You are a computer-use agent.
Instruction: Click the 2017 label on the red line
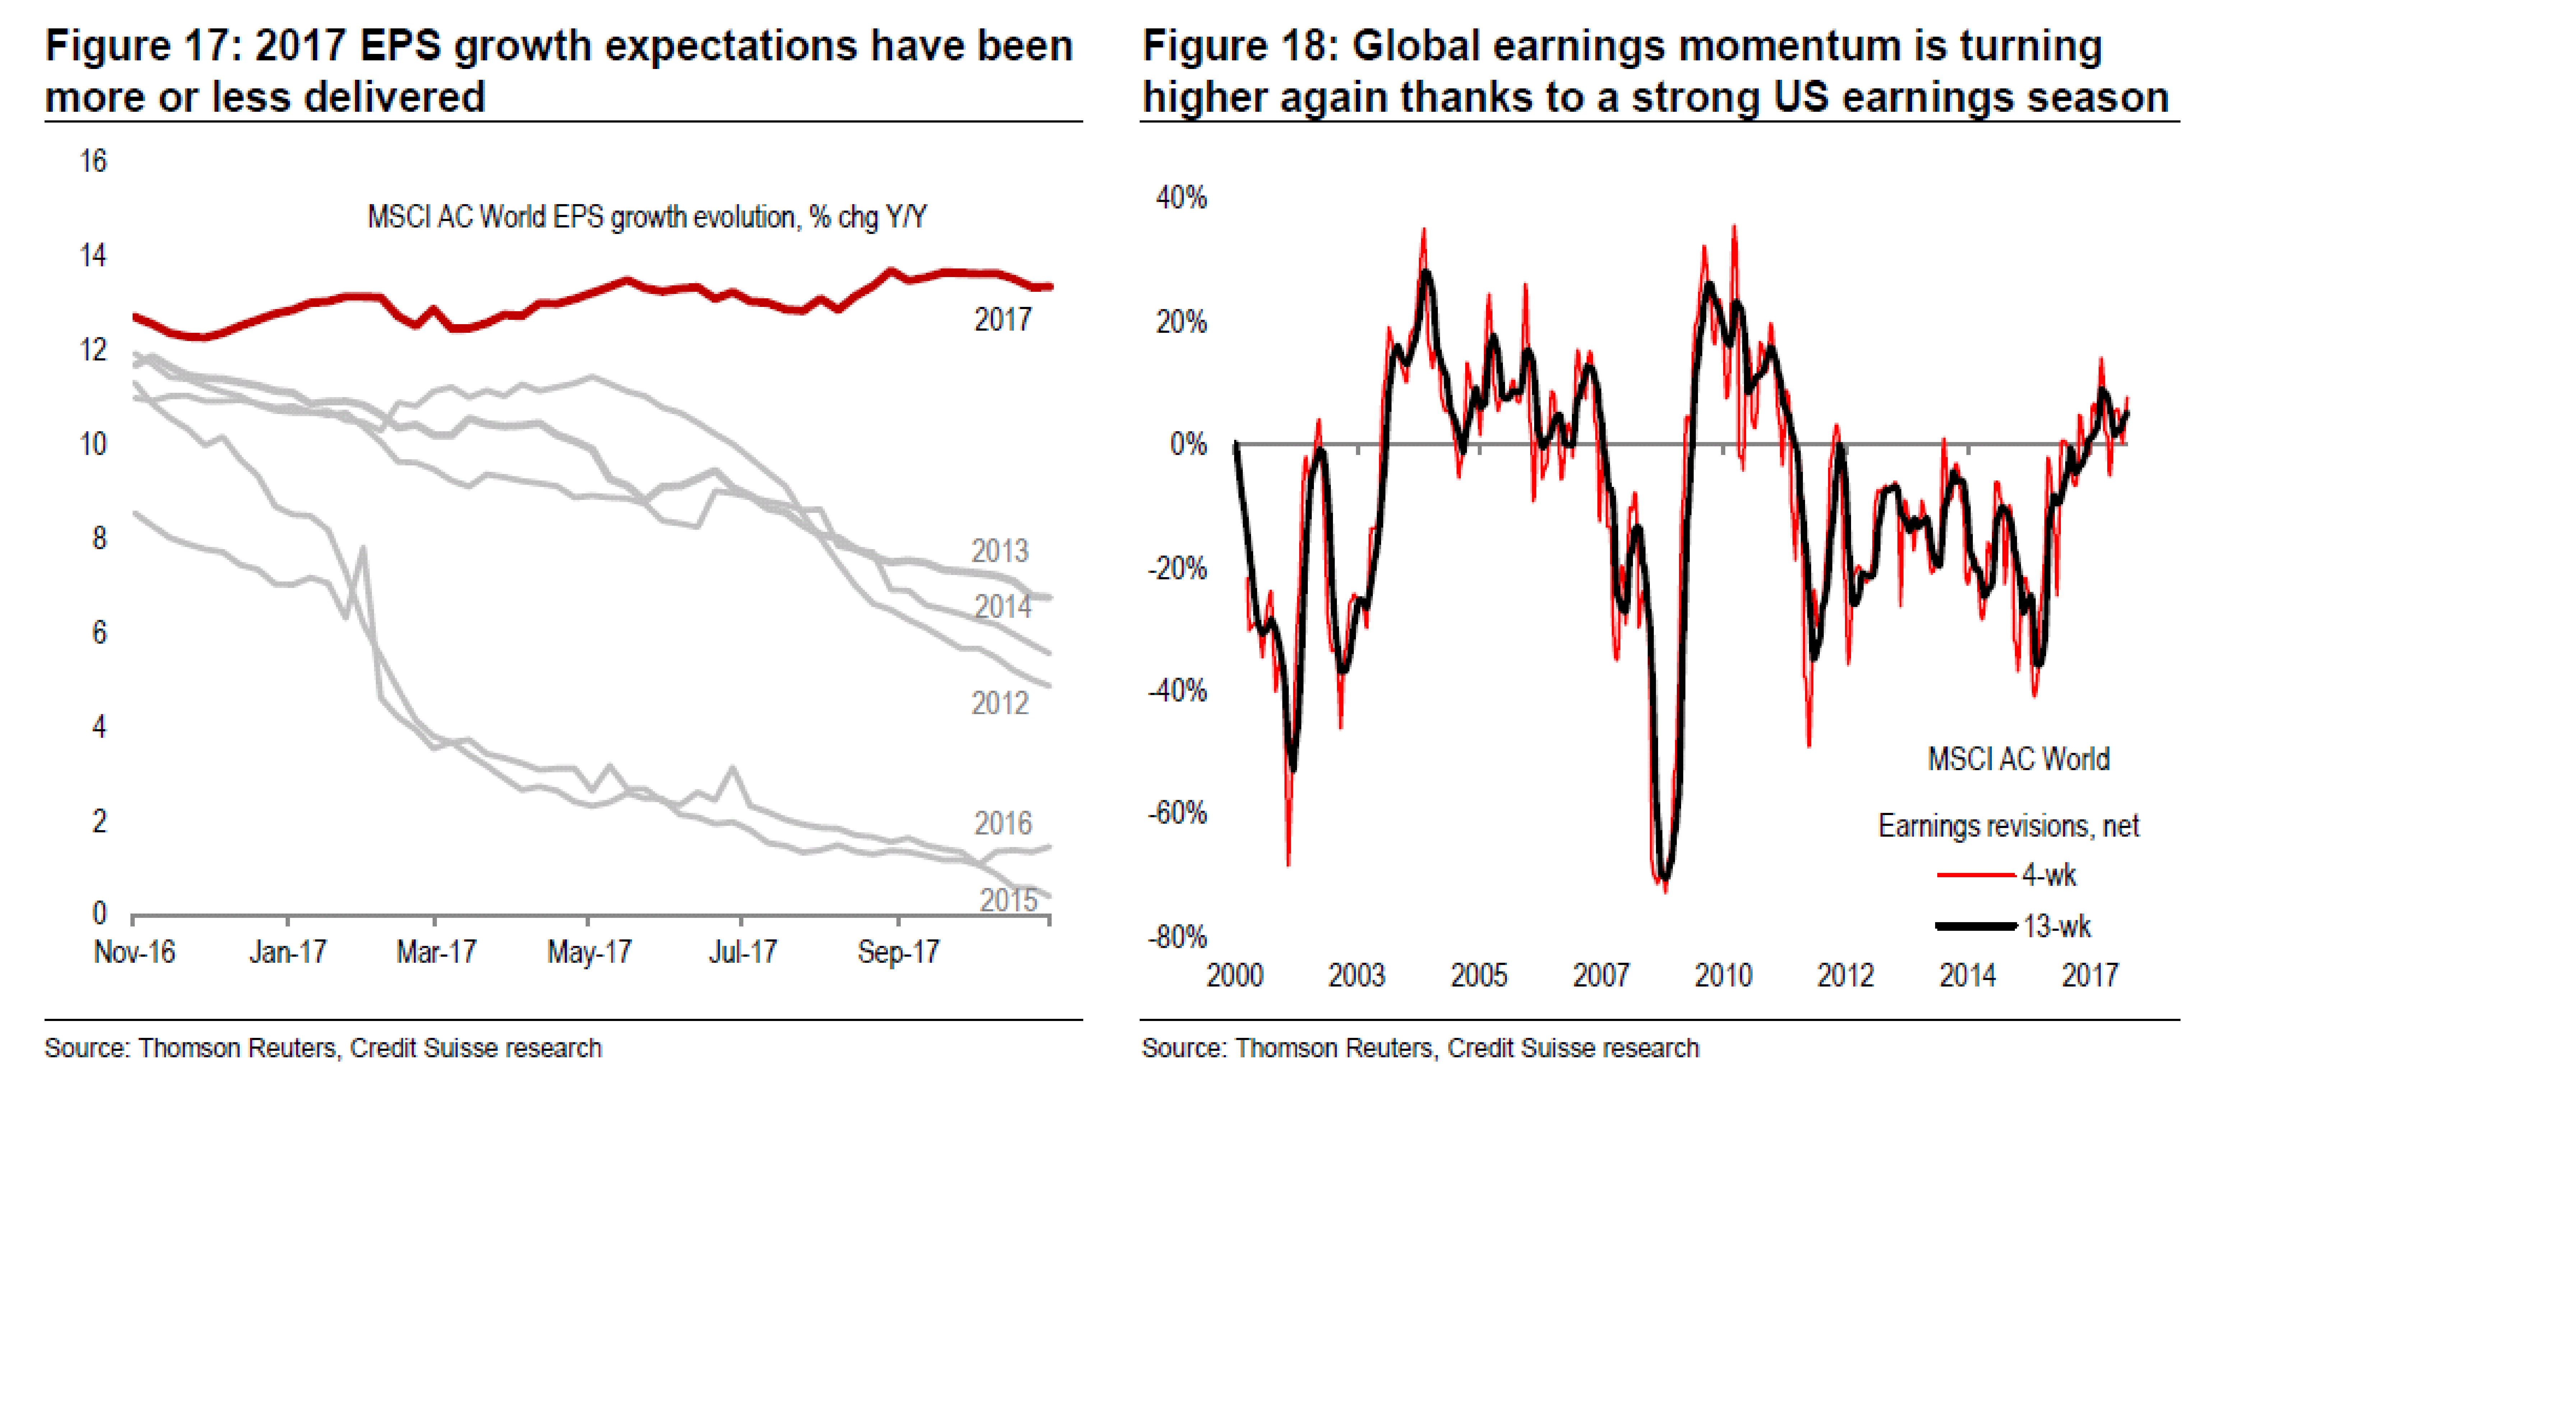(x=1002, y=320)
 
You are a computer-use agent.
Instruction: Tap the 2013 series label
(x=999, y=551)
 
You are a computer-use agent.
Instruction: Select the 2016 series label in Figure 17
(x=1002, y=823)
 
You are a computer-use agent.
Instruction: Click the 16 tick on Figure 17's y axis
(x=93, y=161)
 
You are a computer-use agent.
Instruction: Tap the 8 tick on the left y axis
(x=98, y=538)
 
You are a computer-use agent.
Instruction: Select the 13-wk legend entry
(x=2056, y=927)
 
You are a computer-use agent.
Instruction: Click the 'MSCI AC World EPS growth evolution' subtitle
(x=646, y=217)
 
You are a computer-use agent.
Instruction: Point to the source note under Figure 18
(x=1420, y=1048)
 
